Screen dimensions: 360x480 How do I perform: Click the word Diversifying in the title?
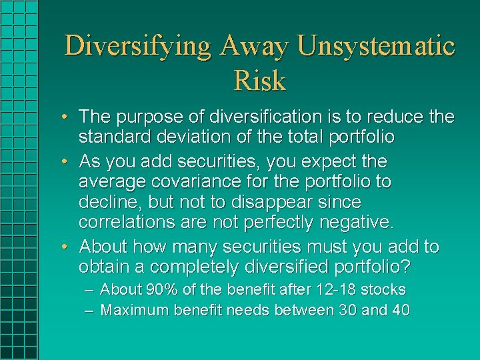tap(138, 47)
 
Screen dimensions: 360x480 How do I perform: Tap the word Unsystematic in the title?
tap(376, 47)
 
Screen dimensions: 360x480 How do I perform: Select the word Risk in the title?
tap(260, 81)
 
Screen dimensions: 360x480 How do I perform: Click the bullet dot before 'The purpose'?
tap(69, 118)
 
